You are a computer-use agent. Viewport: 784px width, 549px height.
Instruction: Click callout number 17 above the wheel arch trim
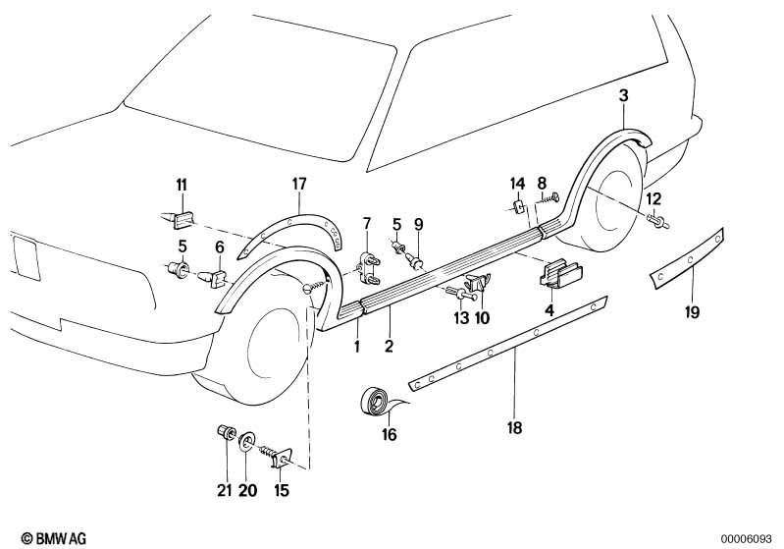coord(299,183)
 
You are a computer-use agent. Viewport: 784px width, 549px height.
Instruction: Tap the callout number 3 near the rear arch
coord(623,95)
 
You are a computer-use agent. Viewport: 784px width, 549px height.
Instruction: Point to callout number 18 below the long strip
coord(515,427)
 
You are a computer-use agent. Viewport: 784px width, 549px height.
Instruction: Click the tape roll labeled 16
coord(375,403)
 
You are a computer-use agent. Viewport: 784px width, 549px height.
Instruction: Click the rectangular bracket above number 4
coord(559,274)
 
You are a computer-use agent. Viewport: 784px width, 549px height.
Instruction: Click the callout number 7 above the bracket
coord(366,224)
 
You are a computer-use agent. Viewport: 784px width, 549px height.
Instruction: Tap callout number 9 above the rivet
coord(418,224)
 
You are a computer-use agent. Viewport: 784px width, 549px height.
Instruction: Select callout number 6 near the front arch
coord(219,247)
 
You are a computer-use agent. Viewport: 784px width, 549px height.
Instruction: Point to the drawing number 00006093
coord(749,537)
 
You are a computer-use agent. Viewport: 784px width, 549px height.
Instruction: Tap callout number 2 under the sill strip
coord(390,346)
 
